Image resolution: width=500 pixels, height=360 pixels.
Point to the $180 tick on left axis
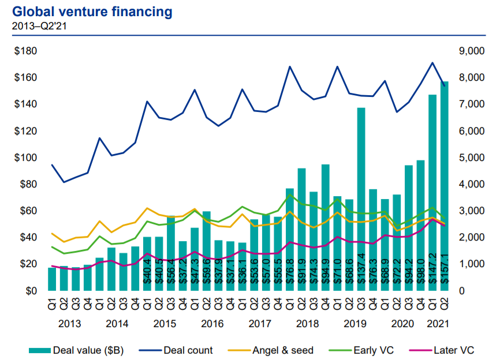point(26,51)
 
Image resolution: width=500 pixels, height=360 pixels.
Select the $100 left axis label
point(26,158)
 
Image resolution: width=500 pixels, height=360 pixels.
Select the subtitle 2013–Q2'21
point(35,25)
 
